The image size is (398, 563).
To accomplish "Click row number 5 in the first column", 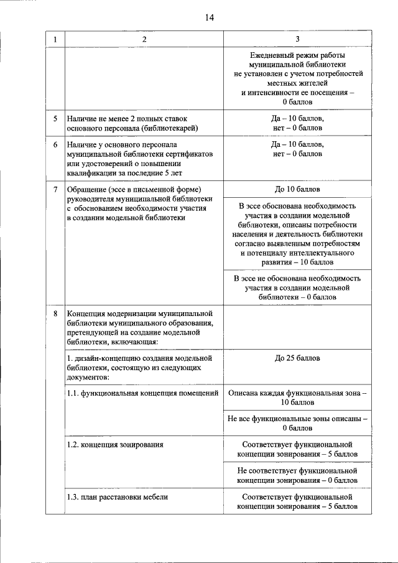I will pos(55,118).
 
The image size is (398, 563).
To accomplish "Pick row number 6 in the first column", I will pos(55,144).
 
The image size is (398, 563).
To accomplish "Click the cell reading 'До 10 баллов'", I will pos(297,189).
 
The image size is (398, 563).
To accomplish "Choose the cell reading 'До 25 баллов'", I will pos(297,359).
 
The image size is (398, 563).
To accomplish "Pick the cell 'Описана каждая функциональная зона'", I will pos(297,398).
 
